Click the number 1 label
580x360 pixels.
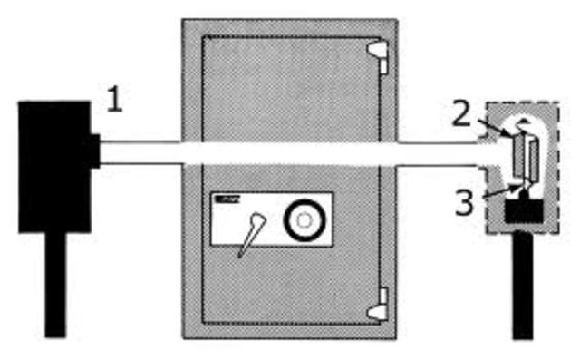click(114, 100)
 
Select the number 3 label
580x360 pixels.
click(464, 201)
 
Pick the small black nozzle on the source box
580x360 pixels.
click(93, 151)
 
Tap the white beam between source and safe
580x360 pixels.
click(140, 151)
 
